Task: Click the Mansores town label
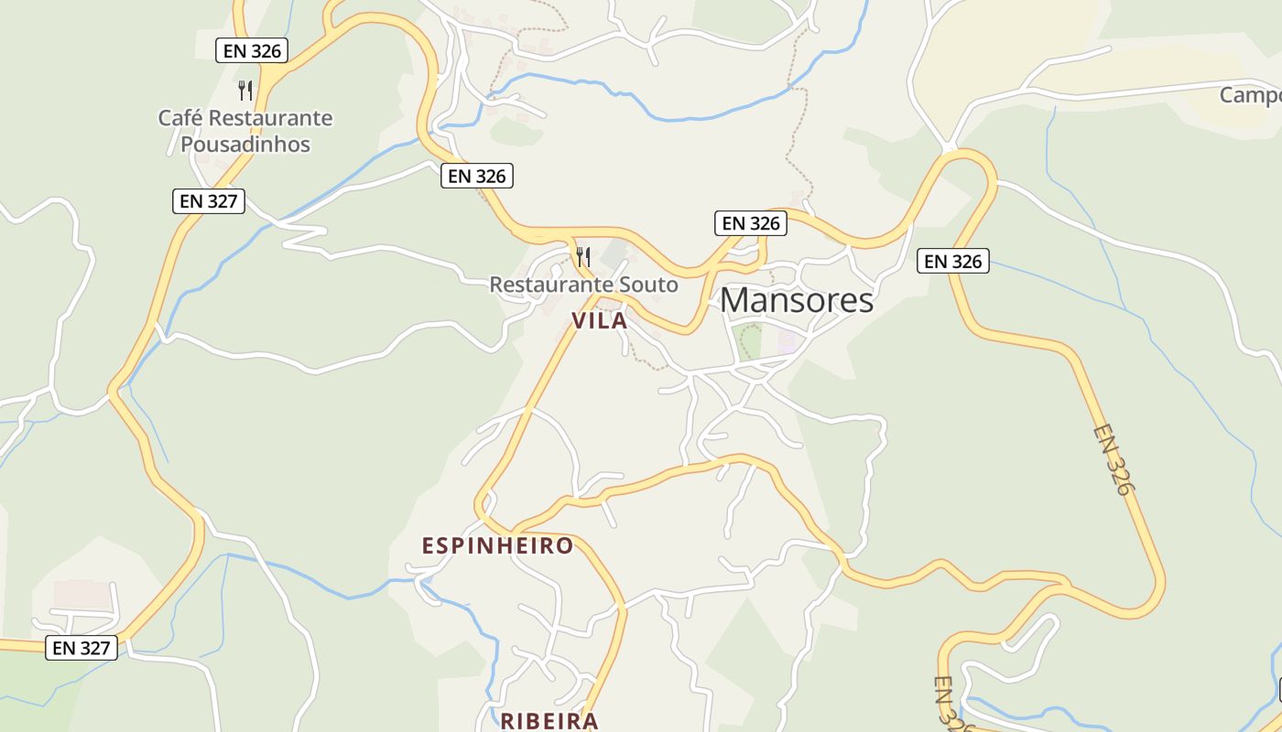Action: [x=797, y=300]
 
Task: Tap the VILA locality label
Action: [x=600, y=321]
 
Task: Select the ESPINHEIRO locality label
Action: [x=497, y=546]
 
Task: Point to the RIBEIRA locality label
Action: [x=549, y=721]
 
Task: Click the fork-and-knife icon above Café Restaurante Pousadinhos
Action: [x=245, y=90]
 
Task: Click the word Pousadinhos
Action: [x=245, y=145]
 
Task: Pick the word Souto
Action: [x=649, y=285]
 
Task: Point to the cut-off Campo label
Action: [x=1250, y=95]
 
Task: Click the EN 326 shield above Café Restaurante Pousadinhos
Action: [x=253, y=50]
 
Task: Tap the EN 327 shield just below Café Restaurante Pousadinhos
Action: [x=209, y=201]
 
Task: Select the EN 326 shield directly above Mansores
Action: [x=751, y=223]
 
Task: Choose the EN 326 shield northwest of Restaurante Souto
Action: [x=477, y=176]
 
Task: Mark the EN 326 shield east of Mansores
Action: [x=953, y=262]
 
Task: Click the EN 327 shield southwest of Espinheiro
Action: [x=81, y=648]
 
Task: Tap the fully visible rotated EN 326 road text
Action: [x=1113, y=459]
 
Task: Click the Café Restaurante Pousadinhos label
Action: [x=245, y=131]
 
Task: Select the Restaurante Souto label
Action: [x=584, y=285]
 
